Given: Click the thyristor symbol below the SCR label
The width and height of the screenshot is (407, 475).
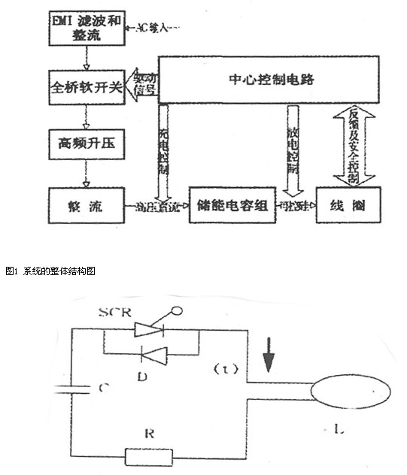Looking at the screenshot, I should (x=150, y=328).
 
